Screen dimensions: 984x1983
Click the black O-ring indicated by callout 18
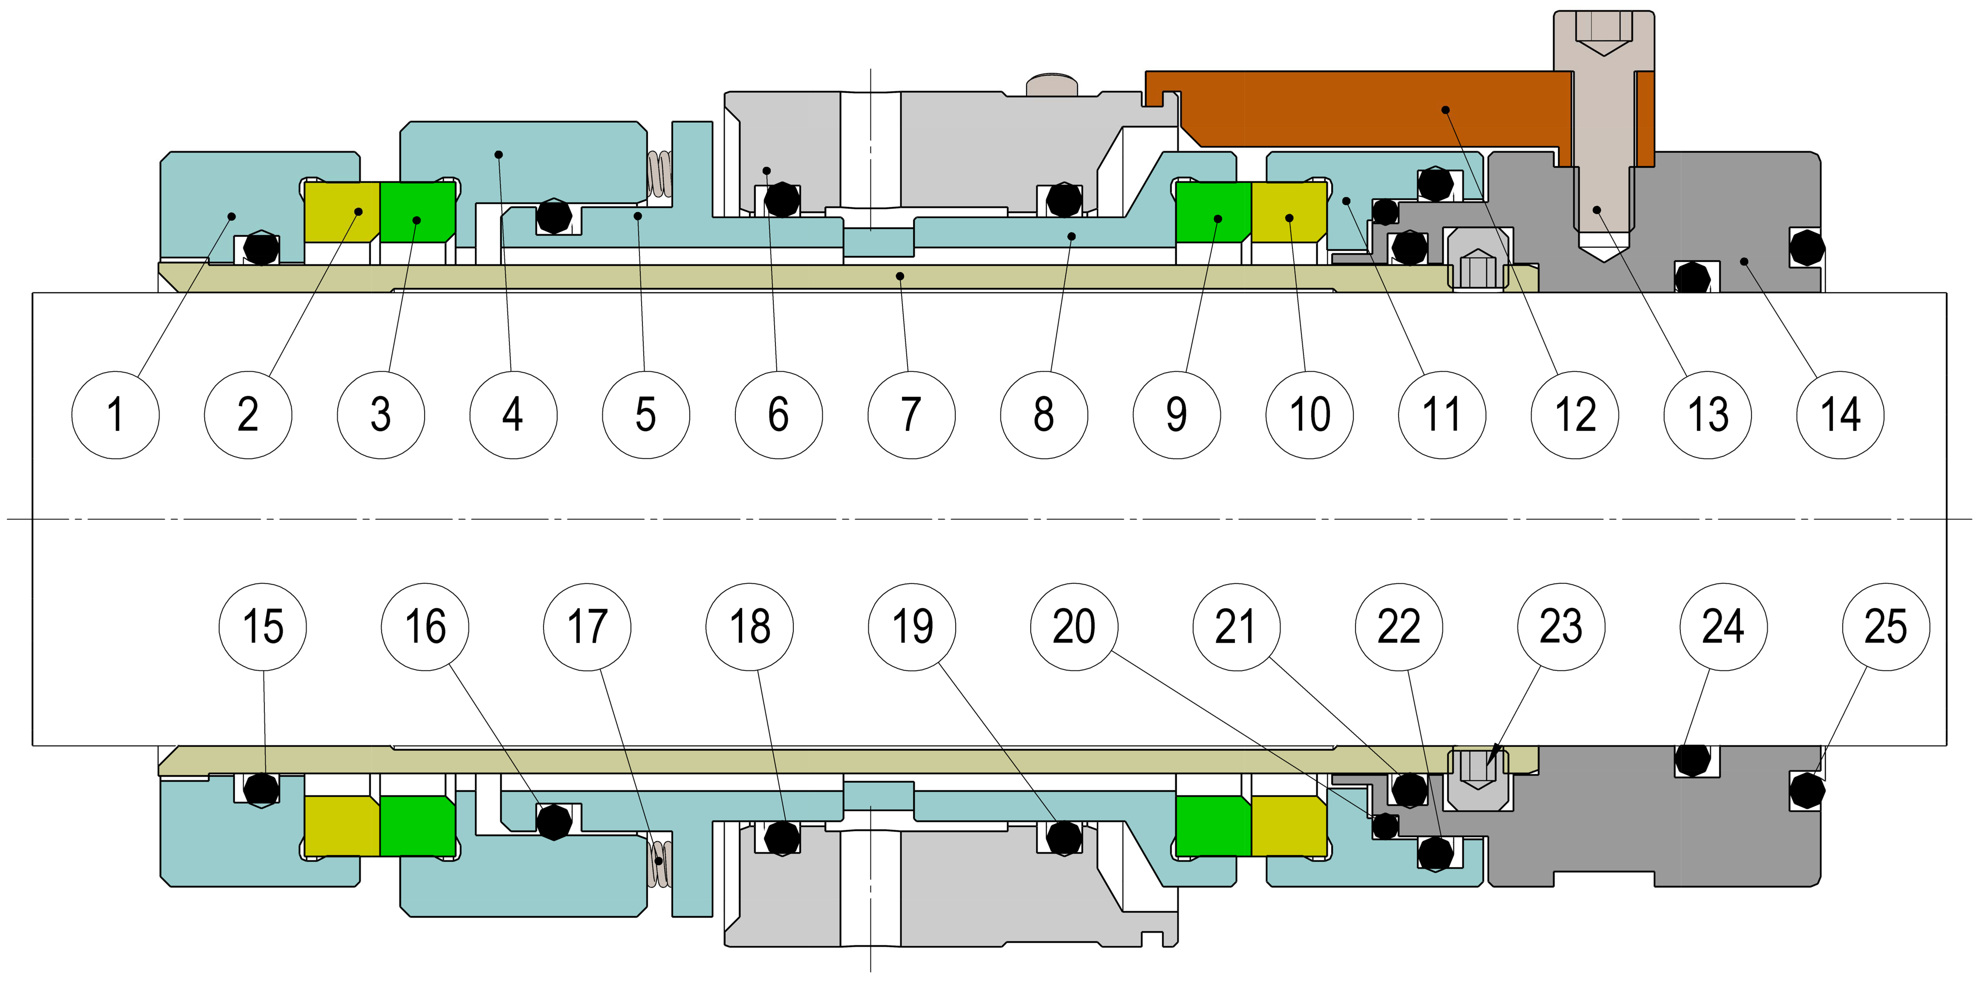(x=782, y=837)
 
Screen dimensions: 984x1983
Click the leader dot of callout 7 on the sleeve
(x=900, y=275)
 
